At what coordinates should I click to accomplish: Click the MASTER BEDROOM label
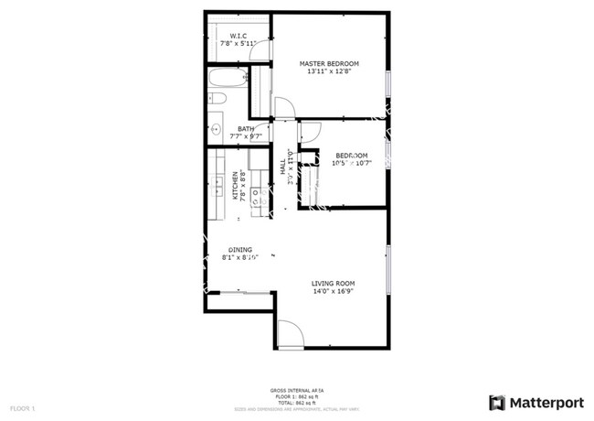pos(329,63)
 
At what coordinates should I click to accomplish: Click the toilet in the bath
pos(217,99)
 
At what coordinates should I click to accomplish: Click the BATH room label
pos(246,129)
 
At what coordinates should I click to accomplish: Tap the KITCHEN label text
pos(235,186)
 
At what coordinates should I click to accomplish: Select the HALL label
pos(282,168)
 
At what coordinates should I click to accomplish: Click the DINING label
pos(240,249)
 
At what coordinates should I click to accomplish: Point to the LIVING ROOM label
pos(333,284)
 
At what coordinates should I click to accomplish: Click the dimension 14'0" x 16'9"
pos(333,293)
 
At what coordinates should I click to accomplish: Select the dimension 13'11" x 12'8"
pos(329,72)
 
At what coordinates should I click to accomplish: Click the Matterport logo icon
pos(496,402)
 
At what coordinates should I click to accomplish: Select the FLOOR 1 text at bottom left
pos(22,406)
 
